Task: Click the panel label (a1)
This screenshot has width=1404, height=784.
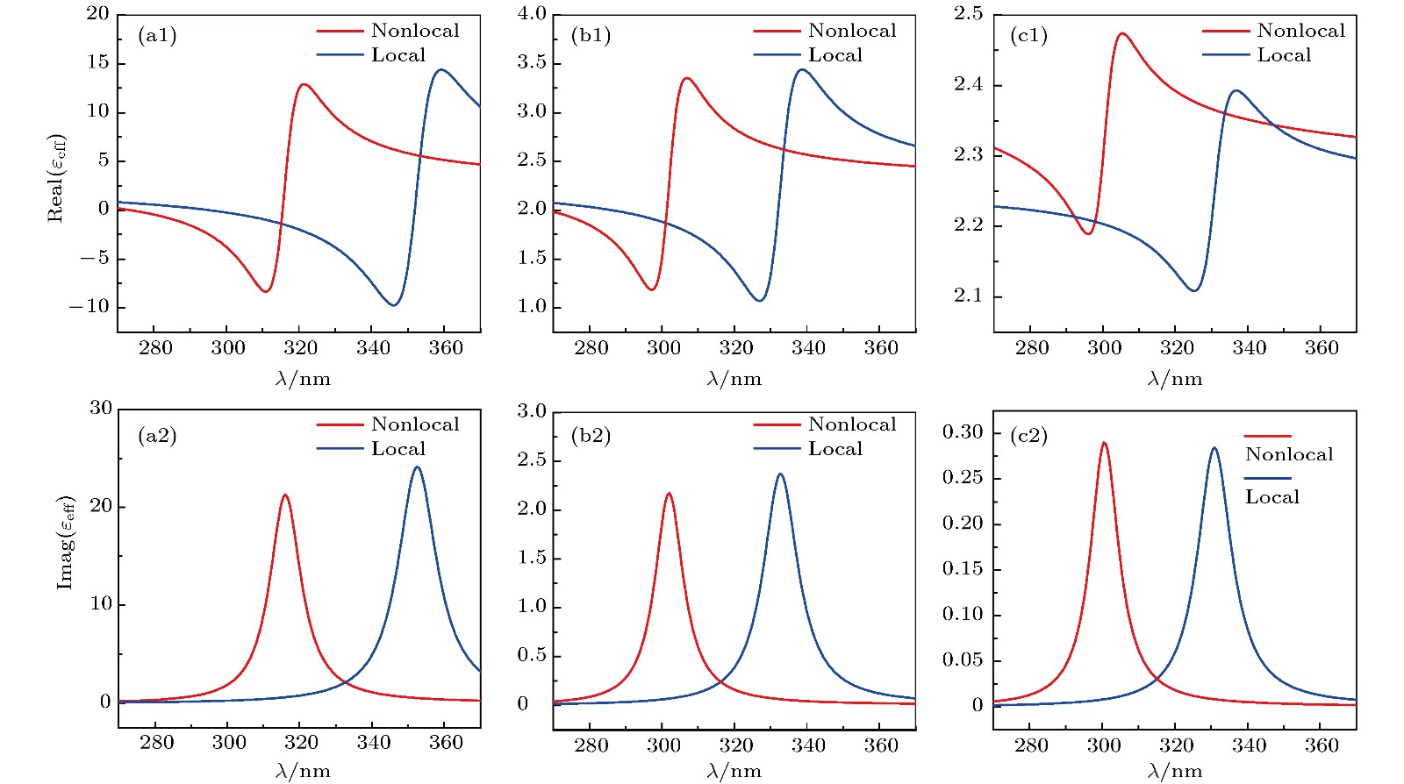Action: (157, 36)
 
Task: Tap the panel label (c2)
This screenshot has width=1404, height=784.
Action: (1028, 436)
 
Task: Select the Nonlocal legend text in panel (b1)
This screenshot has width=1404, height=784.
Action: (852, 31)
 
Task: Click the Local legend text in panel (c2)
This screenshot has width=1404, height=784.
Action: (1271, 497)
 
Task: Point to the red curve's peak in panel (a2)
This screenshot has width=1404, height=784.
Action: (284, 495)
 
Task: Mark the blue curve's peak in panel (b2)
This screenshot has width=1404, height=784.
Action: (780, 474)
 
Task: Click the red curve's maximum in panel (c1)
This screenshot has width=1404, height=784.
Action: (1121, 33)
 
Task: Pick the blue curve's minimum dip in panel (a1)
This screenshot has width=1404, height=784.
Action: (394, 305)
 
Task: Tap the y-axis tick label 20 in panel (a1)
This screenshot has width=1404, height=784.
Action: (98, 14)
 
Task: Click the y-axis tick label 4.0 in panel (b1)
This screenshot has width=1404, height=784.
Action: (532, 14)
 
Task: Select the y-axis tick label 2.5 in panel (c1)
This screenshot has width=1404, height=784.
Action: (968, 14)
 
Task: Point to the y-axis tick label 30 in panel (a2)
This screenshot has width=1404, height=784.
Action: (101, 408)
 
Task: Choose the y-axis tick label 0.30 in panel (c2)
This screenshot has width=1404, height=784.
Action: (963, 432)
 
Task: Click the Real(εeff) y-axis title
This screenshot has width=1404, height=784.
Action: (56, 178)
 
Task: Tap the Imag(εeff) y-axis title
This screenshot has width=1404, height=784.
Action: (66, 543)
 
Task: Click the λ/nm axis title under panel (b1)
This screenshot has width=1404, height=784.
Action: (734, 379)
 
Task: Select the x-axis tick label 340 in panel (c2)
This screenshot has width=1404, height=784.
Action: (1249, 745)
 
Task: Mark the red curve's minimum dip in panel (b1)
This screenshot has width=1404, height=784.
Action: (651, 289)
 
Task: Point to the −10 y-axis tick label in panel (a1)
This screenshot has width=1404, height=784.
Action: (90, 307)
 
